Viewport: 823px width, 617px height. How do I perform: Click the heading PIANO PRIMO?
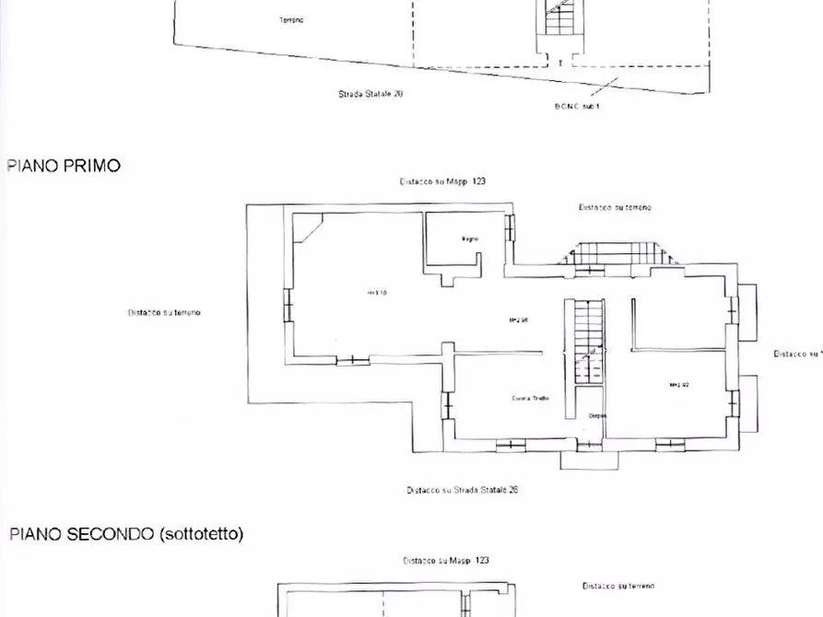coord(64,166)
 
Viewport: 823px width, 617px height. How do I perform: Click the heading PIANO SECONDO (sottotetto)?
coord(126,534)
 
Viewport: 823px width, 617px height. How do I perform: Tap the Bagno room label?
coord(470,239)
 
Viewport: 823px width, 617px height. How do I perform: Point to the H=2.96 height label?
coord(518,320)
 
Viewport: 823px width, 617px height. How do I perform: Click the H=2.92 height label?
coord(680,384)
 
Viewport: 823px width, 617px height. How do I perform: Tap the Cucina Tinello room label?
coord(531,398)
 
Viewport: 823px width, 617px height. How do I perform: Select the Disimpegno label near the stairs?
coord(597,416)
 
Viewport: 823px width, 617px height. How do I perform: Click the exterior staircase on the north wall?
coord(616,252)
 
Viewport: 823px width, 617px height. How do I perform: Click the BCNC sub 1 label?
coord(577,106)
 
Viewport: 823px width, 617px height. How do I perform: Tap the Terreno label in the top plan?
coord(291,19)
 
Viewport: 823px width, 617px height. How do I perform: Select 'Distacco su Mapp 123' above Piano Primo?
coord(442,182)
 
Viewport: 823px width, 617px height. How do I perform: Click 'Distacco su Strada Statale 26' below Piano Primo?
coord(462,490)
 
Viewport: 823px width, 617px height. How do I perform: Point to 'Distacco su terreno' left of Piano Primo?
coord(164,313)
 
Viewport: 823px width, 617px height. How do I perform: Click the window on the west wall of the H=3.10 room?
coord(288,305)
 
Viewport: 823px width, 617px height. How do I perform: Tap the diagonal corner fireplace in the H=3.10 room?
coord(308,227)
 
